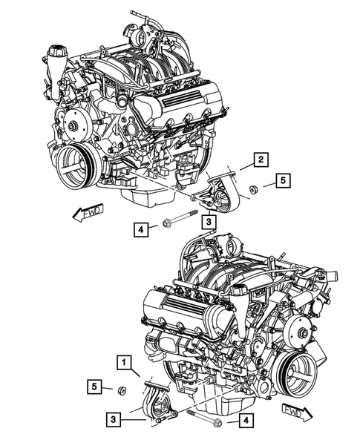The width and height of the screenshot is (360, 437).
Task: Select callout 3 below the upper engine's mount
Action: pos(210,221)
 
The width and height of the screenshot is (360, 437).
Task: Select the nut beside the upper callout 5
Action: pos(252,187)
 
